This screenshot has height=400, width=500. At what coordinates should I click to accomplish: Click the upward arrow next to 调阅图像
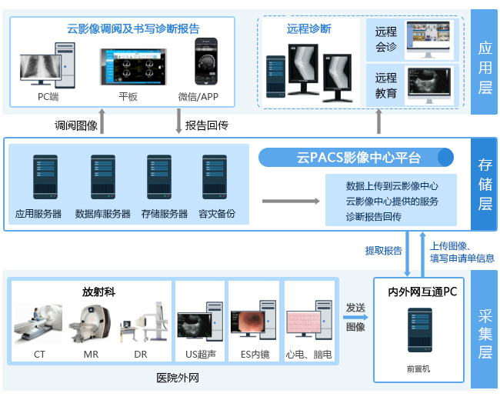point(103,122)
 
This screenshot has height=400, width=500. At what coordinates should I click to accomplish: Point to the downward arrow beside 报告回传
point(178,122)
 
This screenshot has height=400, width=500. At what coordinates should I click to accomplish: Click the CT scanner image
point(38,323)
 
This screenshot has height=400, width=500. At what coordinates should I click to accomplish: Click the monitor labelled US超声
point(198,326)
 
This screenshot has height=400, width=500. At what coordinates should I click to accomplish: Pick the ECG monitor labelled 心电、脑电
point(308,326)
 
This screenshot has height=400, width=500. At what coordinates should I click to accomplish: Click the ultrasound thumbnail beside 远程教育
point(428,85)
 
